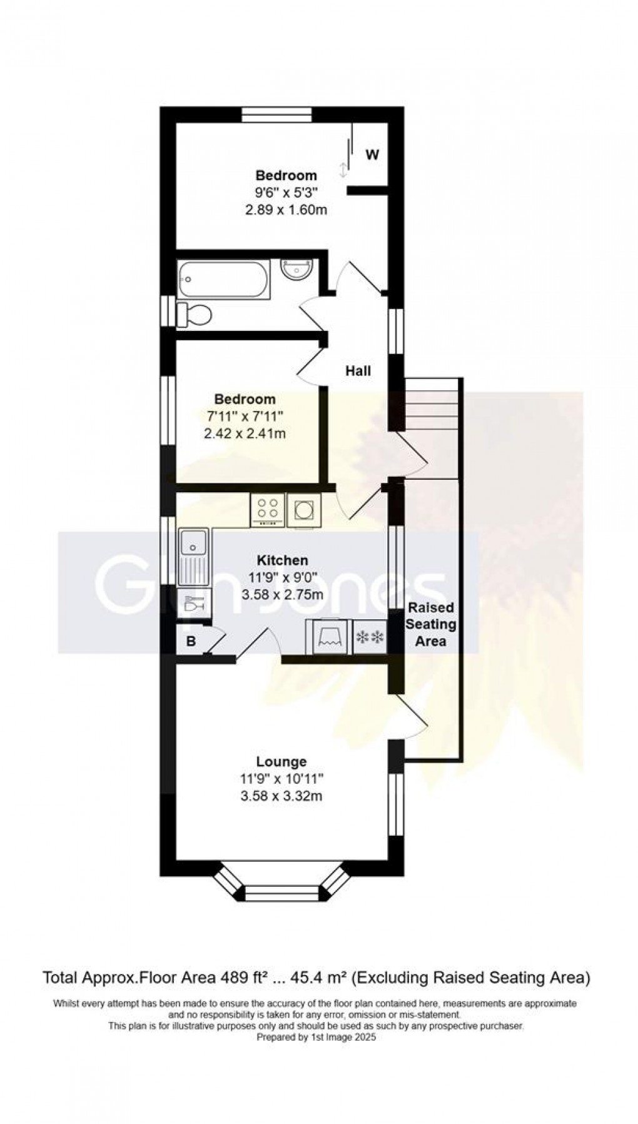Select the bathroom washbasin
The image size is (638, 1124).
coord(293,269)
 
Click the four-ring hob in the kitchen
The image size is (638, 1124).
coord(268,510)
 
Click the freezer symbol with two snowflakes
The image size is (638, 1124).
coord(370,637)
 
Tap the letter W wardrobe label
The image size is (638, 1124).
coord(372,154)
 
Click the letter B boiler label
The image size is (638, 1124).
coord(191,641)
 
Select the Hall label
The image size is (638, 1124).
coord(358,371)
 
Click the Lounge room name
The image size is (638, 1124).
coord(281,761)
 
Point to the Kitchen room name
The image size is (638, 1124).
coord(283,560)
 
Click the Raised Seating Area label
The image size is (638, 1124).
coord(431,624)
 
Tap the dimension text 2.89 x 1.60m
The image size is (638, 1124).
coord(286,210)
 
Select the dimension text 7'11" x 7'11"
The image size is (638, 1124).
coord(245,416)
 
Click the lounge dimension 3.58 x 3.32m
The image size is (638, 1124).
coord(281,796)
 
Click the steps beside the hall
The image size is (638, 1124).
coord(433,403)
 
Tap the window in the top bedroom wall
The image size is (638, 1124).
coord(276,115)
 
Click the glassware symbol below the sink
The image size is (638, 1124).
coord(191,605)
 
